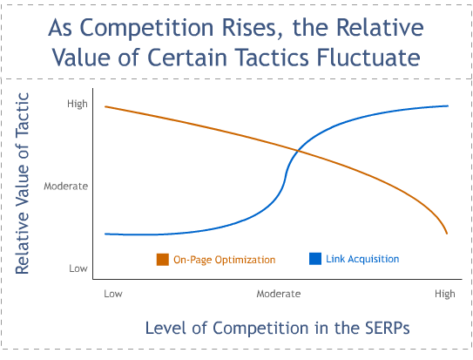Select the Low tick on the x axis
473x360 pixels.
(x=112, y=295)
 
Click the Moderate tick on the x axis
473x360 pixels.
(x=279, y=295)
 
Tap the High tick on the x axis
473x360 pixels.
(x=444, y=295)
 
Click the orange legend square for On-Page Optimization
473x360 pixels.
(x=162, y=260)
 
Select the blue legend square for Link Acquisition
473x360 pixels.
(x=315, y=259)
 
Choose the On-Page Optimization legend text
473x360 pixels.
(x=224, y=260)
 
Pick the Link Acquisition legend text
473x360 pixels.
(x=362, y=259)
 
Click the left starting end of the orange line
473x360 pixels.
(x=105, y=106)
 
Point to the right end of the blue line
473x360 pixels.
(x=448, y=105)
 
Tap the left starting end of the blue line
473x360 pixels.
(x=105, y=234)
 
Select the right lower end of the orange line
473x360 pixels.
(x=448, y=234)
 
